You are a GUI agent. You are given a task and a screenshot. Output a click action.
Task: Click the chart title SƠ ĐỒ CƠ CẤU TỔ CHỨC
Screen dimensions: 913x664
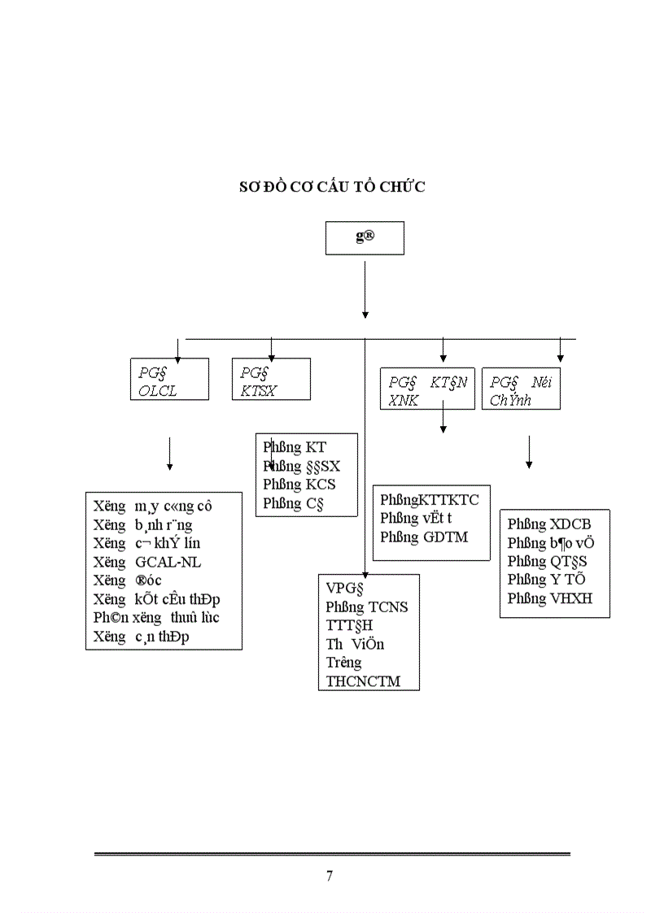tap(332, 187)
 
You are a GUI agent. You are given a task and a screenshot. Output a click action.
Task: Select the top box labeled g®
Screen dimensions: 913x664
tap(365, 237)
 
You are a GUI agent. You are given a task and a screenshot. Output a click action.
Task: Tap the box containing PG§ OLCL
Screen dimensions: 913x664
tap(168, 380)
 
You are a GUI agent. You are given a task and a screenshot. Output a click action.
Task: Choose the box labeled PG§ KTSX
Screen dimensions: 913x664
tap(270, 380)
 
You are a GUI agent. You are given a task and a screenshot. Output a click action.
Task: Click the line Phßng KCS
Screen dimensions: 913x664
tap(299, 485)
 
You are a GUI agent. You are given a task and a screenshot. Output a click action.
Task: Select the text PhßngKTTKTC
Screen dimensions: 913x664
tap(430, 500)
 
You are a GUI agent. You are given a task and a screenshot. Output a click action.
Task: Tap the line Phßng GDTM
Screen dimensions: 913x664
tap(424, 537)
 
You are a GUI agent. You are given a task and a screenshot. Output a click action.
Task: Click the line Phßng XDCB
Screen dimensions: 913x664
tap(549, 524)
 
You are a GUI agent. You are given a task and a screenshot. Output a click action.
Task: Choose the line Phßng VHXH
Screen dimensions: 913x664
tap(549, 599)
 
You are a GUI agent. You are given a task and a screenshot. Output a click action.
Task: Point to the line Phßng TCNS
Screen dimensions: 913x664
tap(367, 606)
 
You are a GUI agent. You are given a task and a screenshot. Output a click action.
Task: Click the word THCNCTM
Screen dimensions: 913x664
tap(363, 681)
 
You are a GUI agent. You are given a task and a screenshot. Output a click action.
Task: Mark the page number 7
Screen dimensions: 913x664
tap(330, 876)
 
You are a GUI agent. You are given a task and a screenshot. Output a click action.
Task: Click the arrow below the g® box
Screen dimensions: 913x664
tap(365, 289)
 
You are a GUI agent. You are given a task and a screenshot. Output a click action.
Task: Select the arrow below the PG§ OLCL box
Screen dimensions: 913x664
tap(169, 454)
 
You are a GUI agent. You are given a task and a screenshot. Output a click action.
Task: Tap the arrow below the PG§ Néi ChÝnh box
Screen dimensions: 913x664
tap(529, 452)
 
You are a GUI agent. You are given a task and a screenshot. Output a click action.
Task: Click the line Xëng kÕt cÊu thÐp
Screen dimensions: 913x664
tap(156, 599)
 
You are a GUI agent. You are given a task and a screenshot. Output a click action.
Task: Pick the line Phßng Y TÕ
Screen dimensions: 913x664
tap(546, 580)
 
